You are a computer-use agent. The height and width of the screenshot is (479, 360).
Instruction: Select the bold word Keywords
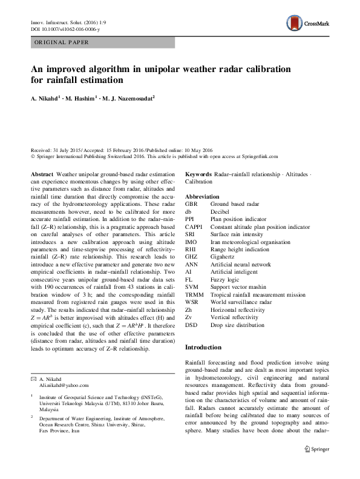[198, 173]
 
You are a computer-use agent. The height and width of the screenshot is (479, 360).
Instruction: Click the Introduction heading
[203, 348]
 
